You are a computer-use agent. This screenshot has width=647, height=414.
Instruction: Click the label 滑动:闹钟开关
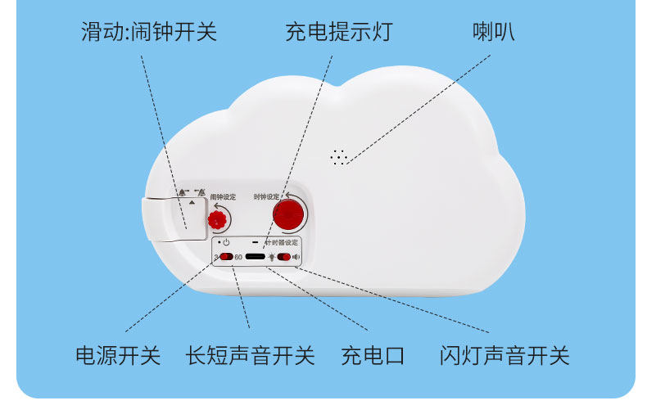[148, 33]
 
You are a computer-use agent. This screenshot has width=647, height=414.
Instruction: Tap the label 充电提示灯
[338, 33]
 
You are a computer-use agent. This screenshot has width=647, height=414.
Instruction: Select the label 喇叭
[494, 33]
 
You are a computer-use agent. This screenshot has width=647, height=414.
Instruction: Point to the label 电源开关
[118, 356]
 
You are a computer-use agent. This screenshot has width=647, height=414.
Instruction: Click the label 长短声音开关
[250, 356]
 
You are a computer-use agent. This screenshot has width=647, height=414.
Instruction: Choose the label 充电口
[373, 356]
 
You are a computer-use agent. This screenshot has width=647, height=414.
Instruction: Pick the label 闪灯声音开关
[504, 356]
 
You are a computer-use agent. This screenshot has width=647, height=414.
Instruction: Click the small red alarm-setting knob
[217, 219]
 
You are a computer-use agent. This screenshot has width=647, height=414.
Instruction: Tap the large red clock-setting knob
[287, 215]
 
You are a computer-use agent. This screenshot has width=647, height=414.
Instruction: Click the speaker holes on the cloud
[338, 156]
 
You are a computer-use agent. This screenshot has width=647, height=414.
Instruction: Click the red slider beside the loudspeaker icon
[283, 258]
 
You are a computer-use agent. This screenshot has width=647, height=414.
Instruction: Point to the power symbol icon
[226, 243]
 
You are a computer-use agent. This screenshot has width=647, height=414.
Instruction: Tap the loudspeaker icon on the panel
[296, 258]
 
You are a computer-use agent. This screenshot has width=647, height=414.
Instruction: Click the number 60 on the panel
[238, 257]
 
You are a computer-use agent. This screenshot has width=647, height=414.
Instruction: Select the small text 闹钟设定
[222, 197]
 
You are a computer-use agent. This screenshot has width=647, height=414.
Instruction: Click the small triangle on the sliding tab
[192, 201]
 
